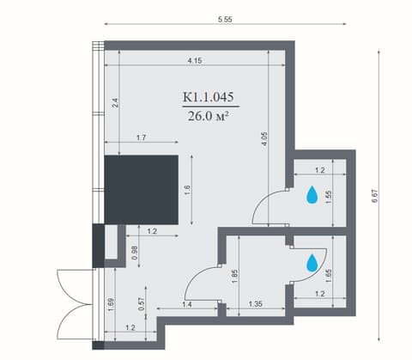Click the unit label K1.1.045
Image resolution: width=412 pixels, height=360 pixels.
(x=209, y=96)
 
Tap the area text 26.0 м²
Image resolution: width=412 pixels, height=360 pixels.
(x=209, y=116)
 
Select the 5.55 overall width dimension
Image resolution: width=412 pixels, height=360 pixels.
(x=225, y=20)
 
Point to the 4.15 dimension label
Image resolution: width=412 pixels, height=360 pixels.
(x=195, y=61)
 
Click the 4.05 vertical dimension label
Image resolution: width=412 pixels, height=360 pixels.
(x=264, y=138)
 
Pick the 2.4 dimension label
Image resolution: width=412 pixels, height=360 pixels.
(x=115, y=103)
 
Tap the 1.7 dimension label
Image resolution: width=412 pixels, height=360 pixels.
(x=142, y=137)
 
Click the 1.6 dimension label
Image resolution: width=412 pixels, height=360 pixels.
(x=187, y=190)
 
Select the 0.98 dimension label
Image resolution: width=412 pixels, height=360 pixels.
(x=136, y=253)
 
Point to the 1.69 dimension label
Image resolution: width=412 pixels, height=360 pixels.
(x=112, y=305)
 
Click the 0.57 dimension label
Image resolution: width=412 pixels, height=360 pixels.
(x=141, y=304)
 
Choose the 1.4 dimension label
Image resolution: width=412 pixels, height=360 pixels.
(x=187, y=305)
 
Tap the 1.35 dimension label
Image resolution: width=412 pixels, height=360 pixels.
(x=255, y=303)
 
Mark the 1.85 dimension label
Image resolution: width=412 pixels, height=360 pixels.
(x=234, y=276)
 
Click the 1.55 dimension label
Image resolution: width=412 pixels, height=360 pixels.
(x=329, y=197)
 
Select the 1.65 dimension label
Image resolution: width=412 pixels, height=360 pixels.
(x=329, y=276)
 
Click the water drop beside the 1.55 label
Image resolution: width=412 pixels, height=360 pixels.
(x=312, y=195)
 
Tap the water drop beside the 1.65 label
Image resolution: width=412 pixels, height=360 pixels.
(x=312, y=263)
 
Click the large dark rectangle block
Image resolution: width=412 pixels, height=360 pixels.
(x=142, y=190)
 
